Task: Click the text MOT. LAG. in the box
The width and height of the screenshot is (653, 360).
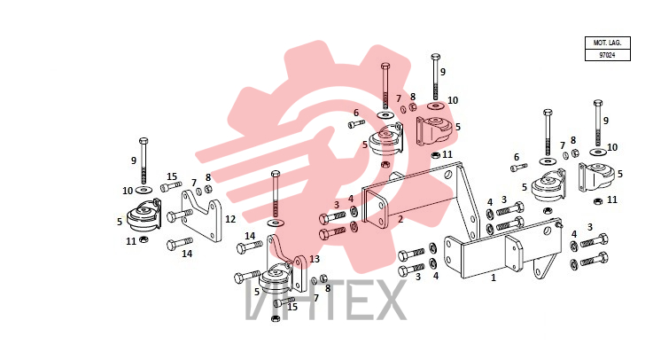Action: pyautogui.click(x=607, y=43)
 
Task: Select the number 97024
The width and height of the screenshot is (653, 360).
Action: pyautogui.click(x=607, y=55)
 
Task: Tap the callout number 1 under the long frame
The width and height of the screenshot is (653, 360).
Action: pyautogui.click(x=494, y=278)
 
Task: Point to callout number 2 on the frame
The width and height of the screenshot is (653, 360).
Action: pyautogui.click(x=400, y=219)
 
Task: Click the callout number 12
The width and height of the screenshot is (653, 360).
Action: pyautogui.click(x=230, y=219)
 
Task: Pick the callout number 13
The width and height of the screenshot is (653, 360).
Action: pyautogui.click(x=315, y=259)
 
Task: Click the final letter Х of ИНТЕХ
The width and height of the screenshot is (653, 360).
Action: pyautogui.click(x=388, y=299)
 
